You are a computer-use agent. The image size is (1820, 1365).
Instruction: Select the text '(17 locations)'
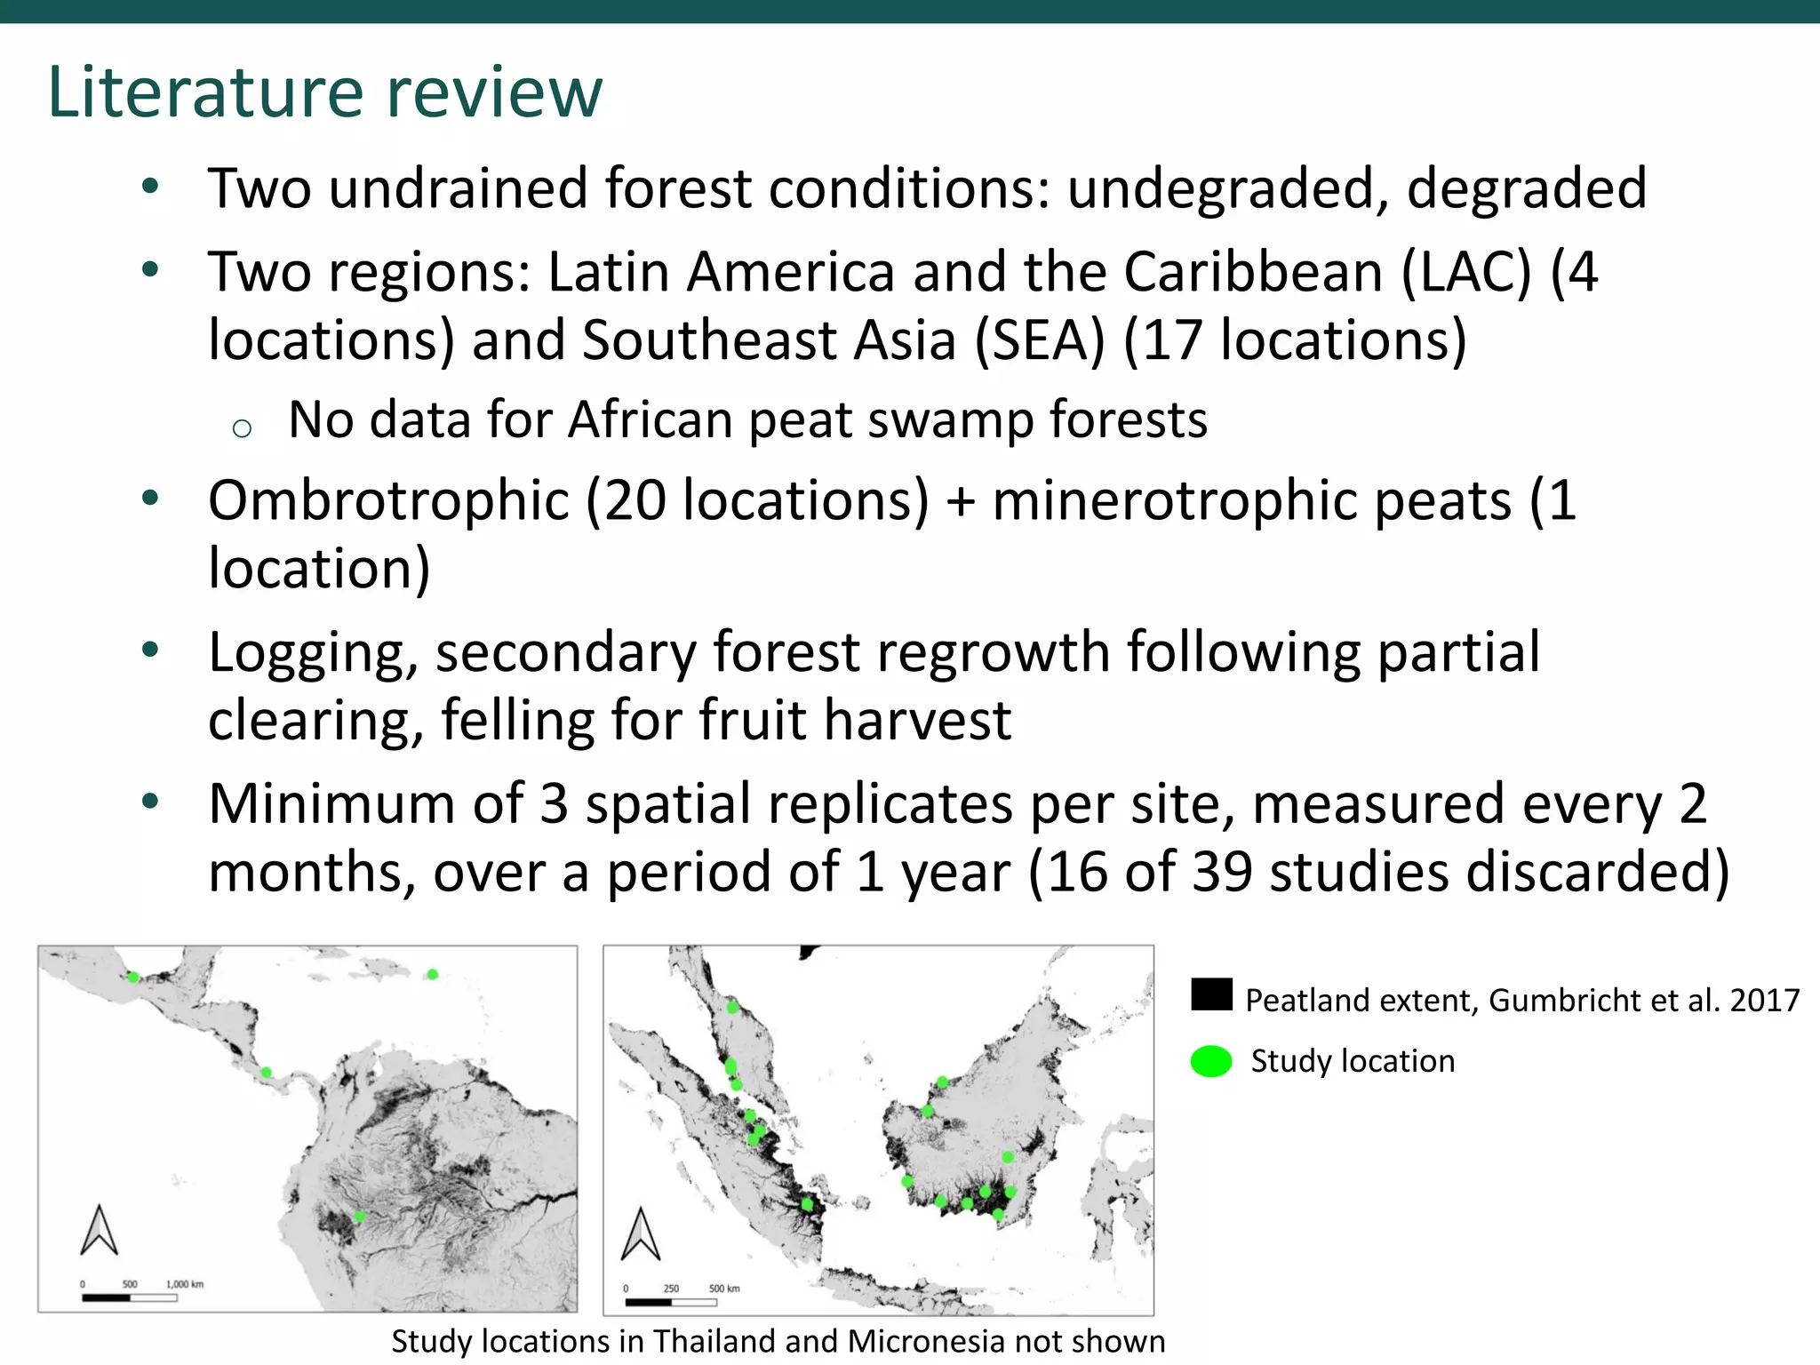1295,340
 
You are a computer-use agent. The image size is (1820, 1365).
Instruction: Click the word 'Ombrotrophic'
388,500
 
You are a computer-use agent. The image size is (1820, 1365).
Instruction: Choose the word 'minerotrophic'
1251,500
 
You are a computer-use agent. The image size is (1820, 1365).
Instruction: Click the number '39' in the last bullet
1222,872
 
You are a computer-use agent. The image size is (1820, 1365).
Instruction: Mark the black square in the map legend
1211,994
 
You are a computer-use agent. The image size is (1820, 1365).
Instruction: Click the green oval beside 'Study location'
1210,1061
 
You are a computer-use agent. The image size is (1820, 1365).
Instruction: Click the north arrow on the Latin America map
100,1230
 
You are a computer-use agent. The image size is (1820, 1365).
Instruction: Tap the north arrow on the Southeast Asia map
640,1234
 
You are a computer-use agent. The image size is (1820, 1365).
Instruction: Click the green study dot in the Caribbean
432,974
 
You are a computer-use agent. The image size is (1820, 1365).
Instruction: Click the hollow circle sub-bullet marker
242,429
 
